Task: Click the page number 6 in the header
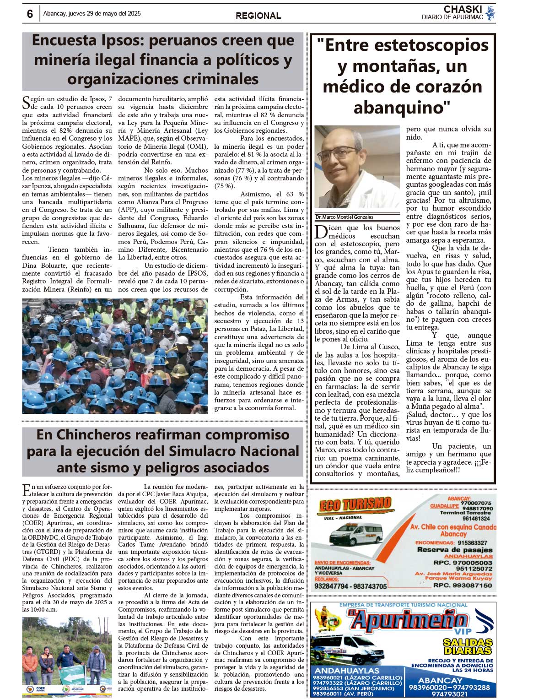click(x=30, y=14)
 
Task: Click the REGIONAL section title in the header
click(x=258, y=16)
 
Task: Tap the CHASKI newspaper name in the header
click(x=463, y=9)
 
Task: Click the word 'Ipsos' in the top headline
click(x=122, y=40)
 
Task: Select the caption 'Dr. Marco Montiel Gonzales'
click(x=344, y=217)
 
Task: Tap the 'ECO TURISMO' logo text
click(x=355, y=505)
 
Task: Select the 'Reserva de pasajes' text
click(x=454, y=550)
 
